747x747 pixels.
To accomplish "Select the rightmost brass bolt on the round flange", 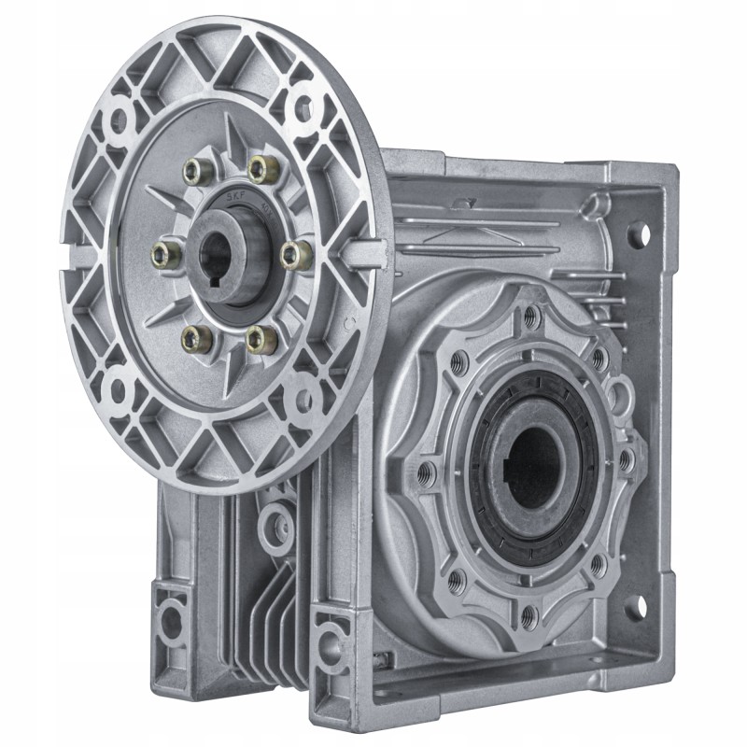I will (295, 255).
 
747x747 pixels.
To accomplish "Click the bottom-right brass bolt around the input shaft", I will (264, 339).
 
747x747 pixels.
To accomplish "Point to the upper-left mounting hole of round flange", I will (117, 120).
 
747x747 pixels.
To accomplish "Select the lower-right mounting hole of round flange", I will (301, 402).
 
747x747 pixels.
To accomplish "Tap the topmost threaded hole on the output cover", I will (531, 317).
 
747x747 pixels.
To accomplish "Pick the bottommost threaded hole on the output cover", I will (529, 615).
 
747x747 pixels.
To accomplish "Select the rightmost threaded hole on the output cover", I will (627, 459).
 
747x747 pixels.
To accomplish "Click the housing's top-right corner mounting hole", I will (637, 233).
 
